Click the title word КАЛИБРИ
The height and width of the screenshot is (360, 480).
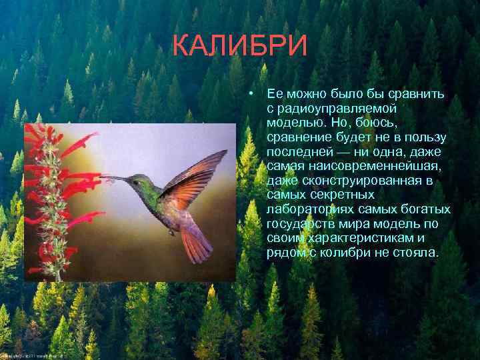click(239, 46)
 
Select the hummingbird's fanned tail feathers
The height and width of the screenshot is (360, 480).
click(197, 245)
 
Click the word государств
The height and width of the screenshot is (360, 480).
click(298, 224)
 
